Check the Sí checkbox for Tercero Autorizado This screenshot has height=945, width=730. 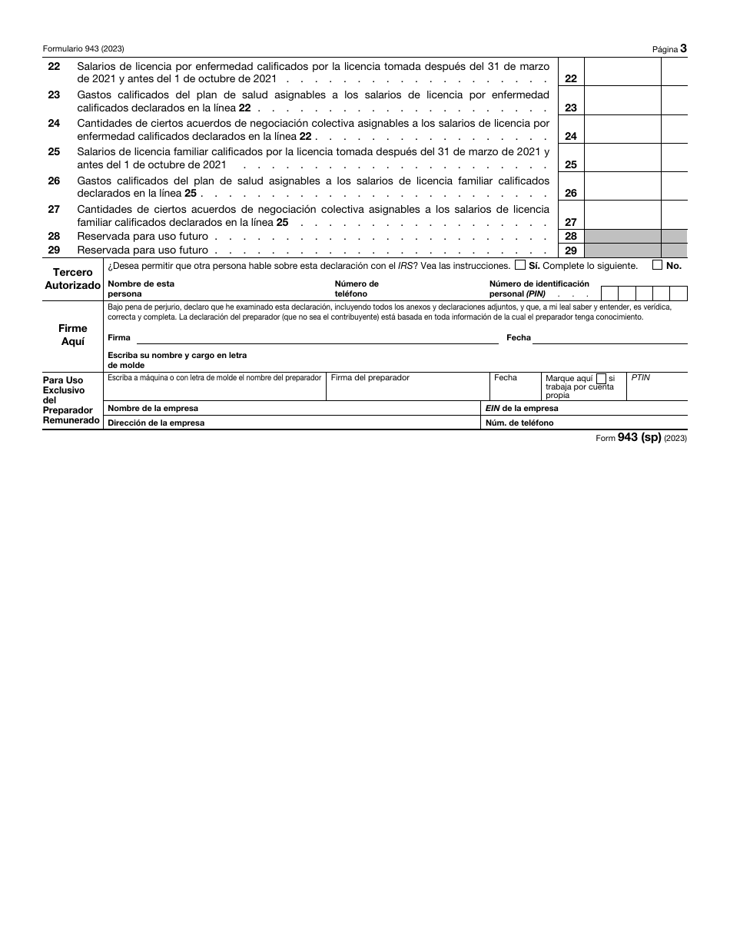(520, 265)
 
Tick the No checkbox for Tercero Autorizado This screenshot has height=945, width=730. (657, 265)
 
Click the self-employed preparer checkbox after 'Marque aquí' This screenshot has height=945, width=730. (601, 378)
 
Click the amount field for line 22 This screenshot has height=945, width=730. (622, 72)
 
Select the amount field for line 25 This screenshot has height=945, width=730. (622, 158)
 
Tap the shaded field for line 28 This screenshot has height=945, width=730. (622, 237)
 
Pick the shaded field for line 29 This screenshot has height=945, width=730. (622, 250)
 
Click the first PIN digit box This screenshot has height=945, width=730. (609, 293)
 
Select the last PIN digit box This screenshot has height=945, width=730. (679, 293)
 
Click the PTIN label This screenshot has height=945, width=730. (640, 377)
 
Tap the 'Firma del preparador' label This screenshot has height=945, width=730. (370, 377)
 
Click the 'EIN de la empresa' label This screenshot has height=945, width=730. (522, 409)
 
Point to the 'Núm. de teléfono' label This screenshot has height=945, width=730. (519, 423)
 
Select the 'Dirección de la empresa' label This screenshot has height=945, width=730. (156, 423)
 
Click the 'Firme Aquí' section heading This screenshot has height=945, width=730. (73, 335)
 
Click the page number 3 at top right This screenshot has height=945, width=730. (683, 48)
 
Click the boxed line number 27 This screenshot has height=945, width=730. (570, 222)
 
